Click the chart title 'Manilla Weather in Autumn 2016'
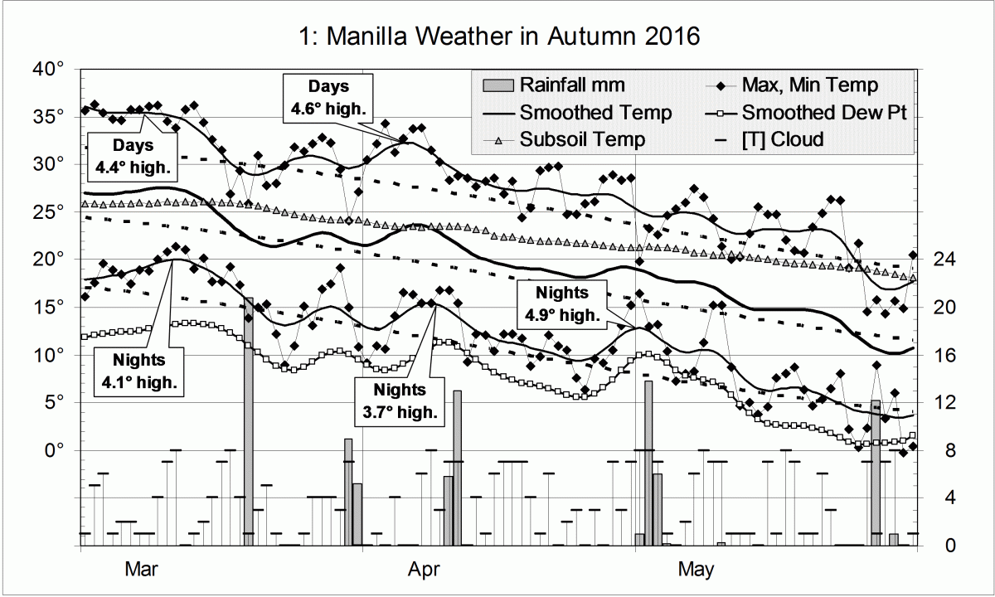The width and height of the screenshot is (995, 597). pos(498,36)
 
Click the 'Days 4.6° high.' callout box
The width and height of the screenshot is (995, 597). pos(329,96)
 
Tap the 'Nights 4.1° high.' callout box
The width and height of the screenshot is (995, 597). pos(140,371)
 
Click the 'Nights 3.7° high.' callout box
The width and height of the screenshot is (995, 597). pos(399,400)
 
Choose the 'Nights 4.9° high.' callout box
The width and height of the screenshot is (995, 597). pos(561,303)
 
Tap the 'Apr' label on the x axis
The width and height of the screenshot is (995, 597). pos(424,570)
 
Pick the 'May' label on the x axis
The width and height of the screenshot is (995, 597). pos(695,570)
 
